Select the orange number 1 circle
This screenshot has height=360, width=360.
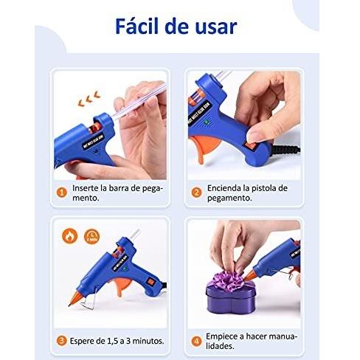point(63,191)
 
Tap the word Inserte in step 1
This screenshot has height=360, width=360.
point(89,187)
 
